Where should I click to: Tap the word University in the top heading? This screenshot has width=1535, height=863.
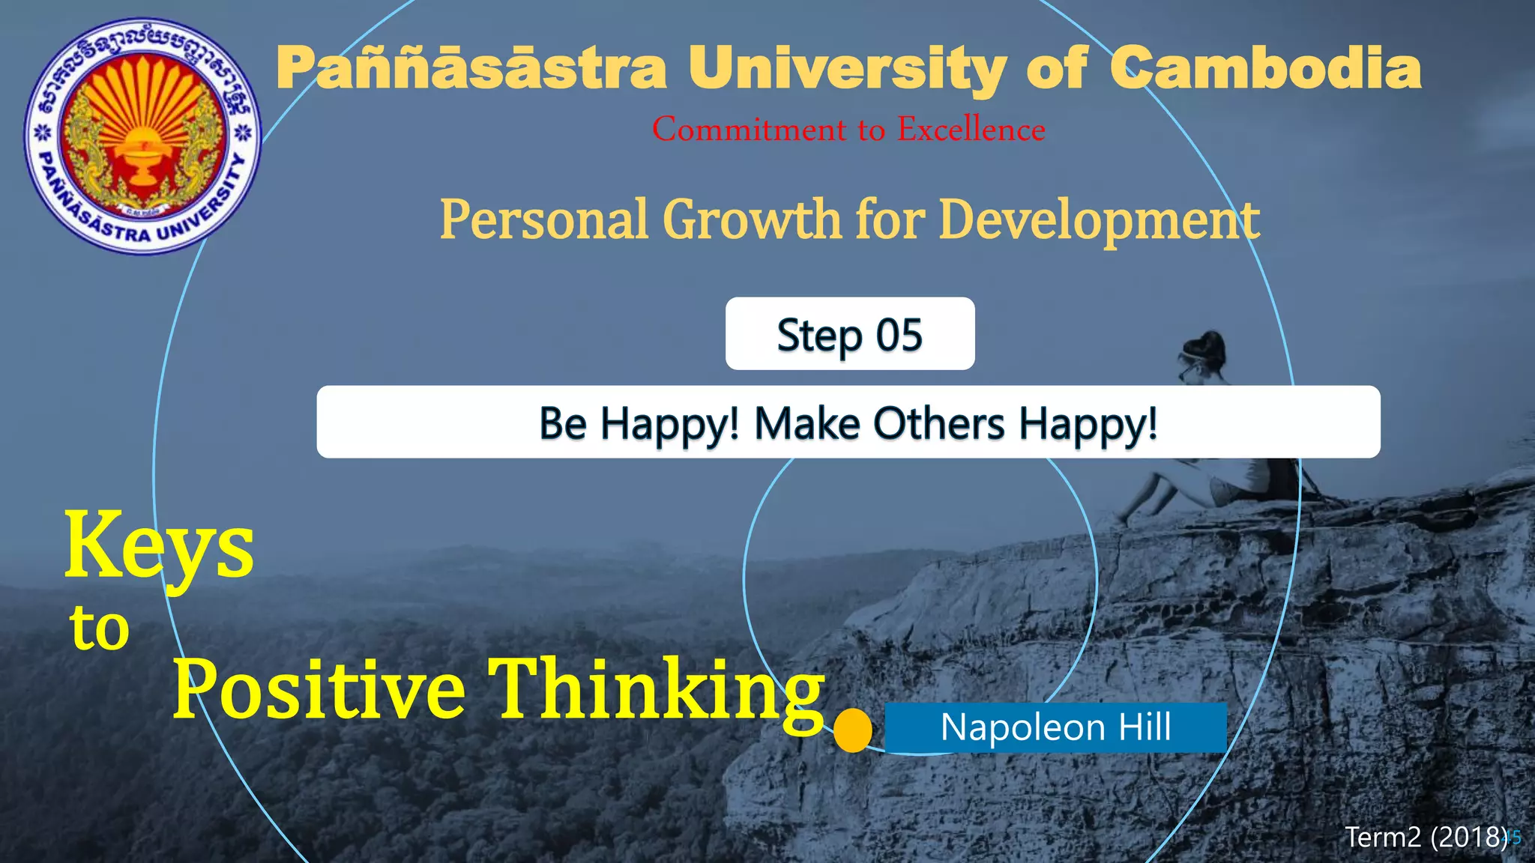(848, 69)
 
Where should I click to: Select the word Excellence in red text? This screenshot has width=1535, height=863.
(971, 130)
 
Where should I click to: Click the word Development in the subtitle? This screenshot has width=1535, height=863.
(1099, 221)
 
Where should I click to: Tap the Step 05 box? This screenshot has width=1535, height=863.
(849, 334)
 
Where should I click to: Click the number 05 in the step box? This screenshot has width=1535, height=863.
(899, 335)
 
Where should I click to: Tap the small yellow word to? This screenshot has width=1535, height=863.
(100, 628)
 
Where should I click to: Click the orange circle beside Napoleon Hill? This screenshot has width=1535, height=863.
(852, 730)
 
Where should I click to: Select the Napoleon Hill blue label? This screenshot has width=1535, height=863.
(1055, 727)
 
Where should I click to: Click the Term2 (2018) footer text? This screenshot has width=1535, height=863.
(1426, 837)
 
